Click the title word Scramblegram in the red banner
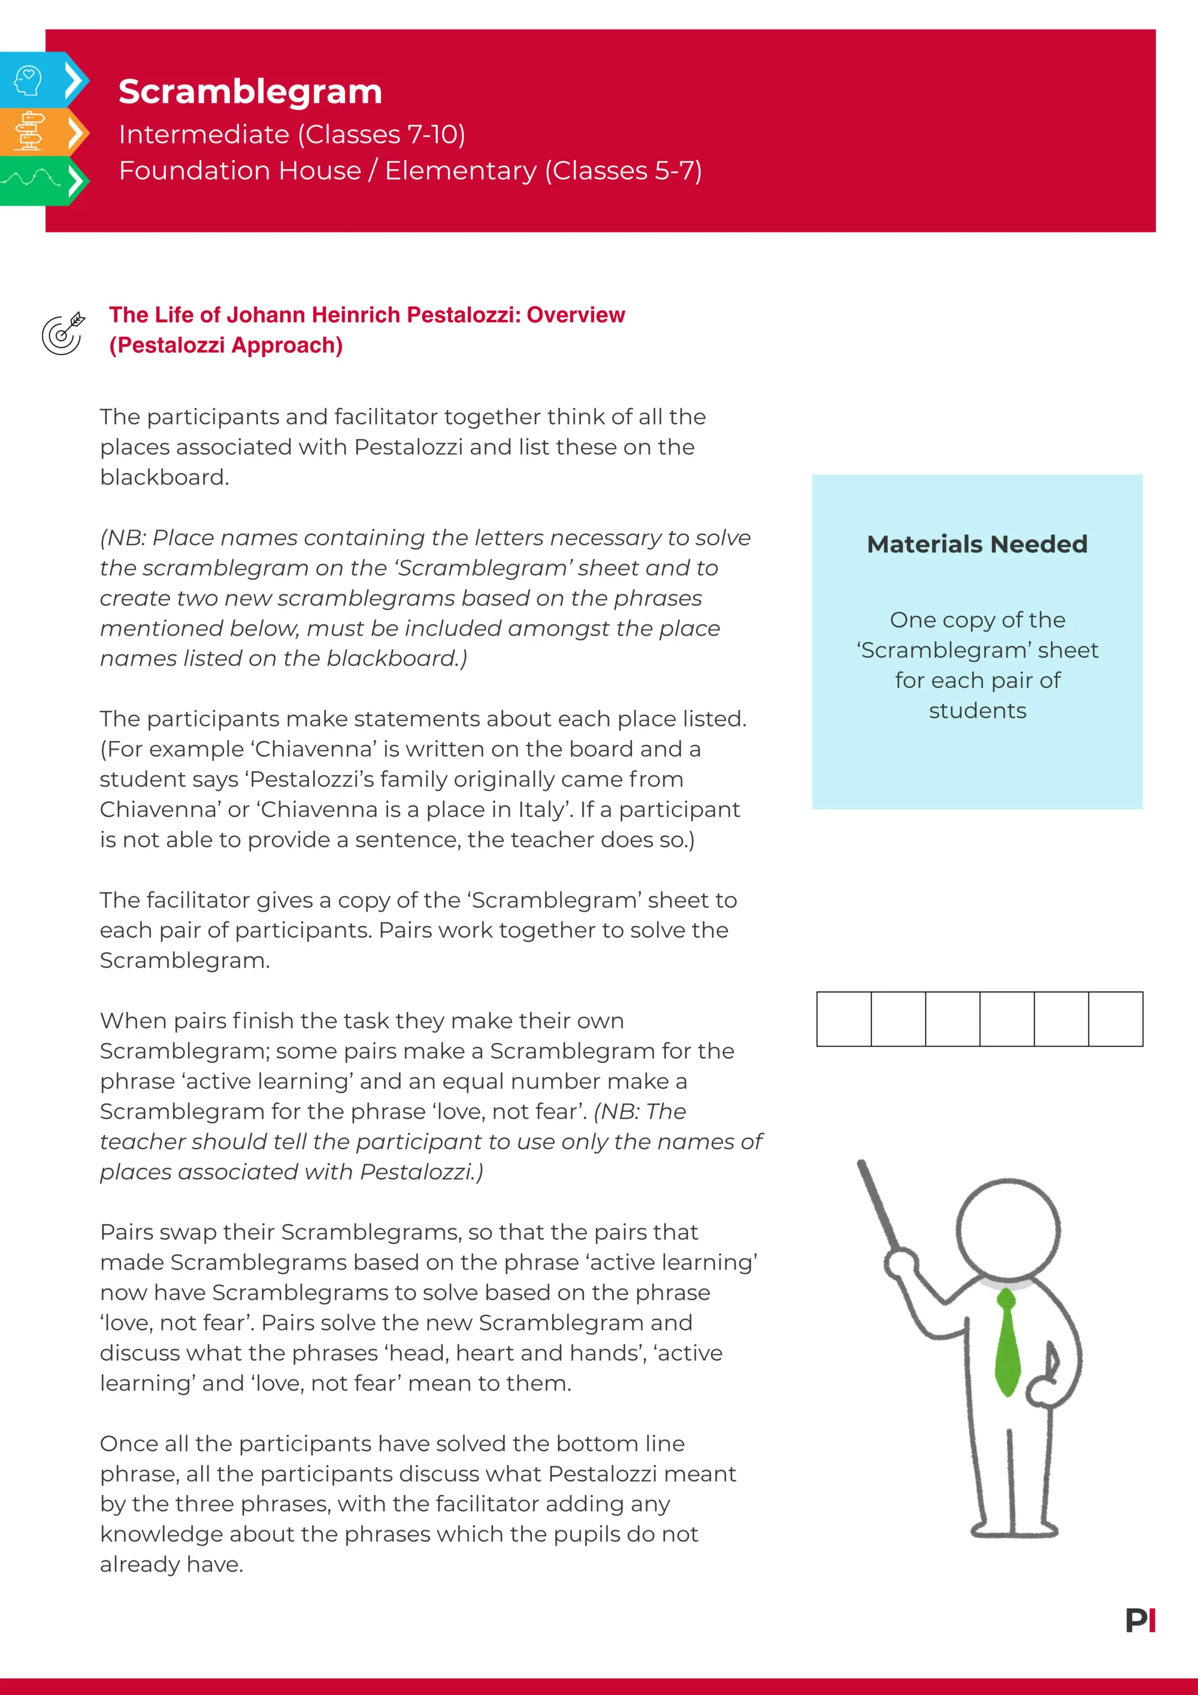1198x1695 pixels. point(250,92)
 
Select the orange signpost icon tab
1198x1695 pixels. point(29,131)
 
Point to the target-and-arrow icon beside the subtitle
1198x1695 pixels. point(63,334)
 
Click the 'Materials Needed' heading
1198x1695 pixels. point(976,544)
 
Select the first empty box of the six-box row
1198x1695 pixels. point(844,1019)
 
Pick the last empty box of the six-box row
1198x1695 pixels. point(1115,1019)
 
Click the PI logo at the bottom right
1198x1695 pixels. point(1140,1621)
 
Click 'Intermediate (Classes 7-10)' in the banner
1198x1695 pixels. point(292,134)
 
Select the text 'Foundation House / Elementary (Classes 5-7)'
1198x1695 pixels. point(410,171)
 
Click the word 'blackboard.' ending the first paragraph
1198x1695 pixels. point(164,478)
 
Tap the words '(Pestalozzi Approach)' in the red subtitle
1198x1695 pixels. point(226,346)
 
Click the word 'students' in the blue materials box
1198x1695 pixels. point(976,711)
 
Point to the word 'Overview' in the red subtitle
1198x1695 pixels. point(576,315)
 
